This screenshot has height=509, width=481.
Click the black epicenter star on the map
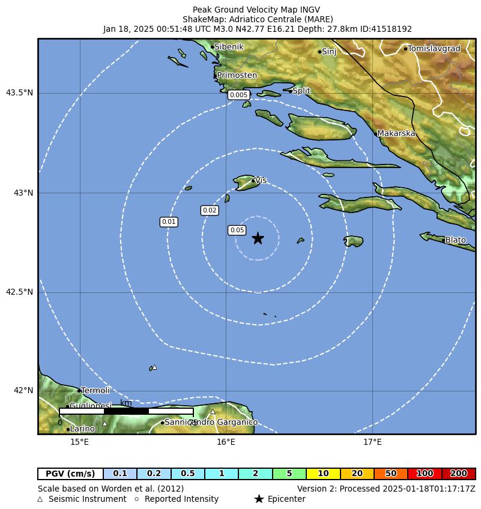(258, 238)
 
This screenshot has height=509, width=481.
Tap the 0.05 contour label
(237, 230)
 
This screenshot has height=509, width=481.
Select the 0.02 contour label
(210, 210)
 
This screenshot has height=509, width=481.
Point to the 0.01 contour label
(169, 222)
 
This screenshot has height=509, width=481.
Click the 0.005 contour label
(238, 95)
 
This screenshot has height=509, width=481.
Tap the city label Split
(301, 91)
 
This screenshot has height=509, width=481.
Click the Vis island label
(261, 180)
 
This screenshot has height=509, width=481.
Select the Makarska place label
(396, 133)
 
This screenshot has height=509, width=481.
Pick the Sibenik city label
(229, 47)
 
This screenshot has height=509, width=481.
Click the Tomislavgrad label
(434, 49)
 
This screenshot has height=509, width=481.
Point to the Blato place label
(455, 240)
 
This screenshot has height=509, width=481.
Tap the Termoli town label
(95, 391)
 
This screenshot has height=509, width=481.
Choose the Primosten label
(237, 76)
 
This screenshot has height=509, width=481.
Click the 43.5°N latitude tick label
(19, 92)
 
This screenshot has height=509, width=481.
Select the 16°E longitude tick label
(226, 442)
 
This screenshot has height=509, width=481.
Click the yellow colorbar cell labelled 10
(323, 474)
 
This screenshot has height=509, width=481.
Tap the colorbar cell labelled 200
(459, 474)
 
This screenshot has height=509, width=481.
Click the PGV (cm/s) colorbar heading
(70, 474)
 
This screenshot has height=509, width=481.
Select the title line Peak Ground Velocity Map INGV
(256, 10)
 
